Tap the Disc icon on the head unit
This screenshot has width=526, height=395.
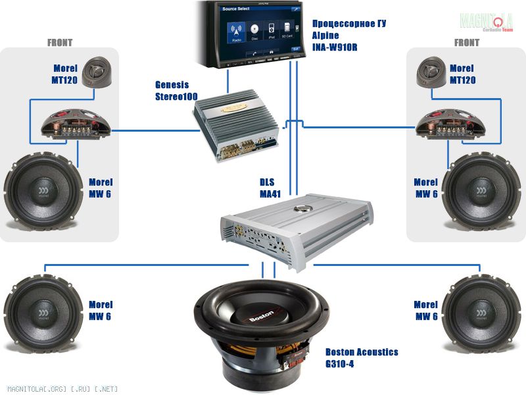[254, 32]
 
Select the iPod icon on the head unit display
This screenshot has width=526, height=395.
[272, 32]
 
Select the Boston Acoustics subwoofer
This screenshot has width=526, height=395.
[261, 329]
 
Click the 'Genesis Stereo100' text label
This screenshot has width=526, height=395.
[172, 90]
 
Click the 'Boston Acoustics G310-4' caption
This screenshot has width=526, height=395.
[362, 357]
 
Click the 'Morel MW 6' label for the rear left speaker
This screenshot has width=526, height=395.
[101, 310]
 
